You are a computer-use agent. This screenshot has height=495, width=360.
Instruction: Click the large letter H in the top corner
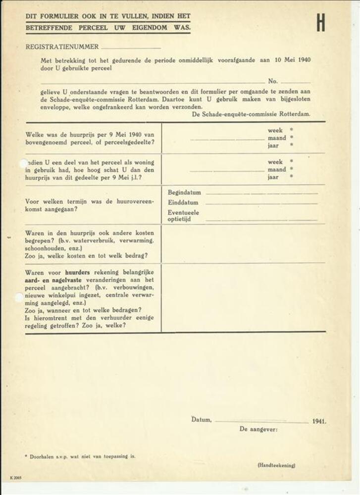tap(321, 22)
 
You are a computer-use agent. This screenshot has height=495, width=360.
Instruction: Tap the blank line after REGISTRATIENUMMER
tap(131, 48)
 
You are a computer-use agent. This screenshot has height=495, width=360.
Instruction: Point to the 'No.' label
tap(273, 81)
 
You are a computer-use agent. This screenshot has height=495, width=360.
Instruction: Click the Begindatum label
tap(184, 192)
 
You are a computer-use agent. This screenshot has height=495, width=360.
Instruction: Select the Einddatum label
tap(183, 202)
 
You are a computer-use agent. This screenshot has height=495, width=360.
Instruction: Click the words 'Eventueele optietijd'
tap(183, 215)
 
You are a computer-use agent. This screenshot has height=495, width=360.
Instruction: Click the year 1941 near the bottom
tap(319, 422)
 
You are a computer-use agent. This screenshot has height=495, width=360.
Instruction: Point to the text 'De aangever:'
tap(258, 429)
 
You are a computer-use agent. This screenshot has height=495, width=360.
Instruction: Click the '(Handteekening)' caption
tap(276, 465)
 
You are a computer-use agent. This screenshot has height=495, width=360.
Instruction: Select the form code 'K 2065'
tap(15, 478)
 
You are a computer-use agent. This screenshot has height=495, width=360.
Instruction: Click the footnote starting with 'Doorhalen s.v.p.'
tap(80, 456)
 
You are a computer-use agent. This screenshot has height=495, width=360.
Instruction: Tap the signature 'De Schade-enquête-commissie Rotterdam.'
tap(251, 114)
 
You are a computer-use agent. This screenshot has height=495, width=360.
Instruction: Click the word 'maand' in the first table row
tap(277, 138)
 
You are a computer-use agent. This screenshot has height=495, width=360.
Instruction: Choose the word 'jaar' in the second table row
tap(273, 177)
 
